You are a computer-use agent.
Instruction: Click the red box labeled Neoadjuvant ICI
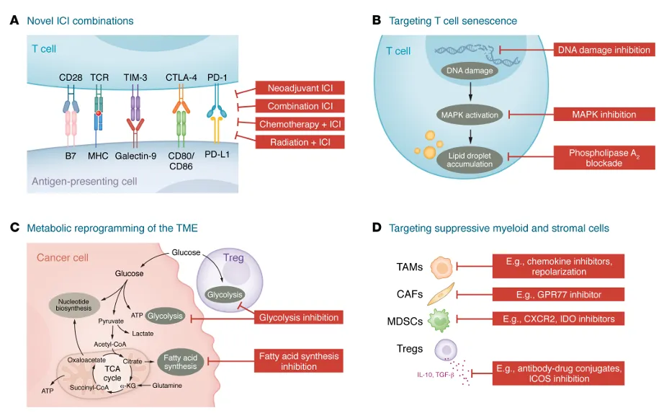[x=300, y=89]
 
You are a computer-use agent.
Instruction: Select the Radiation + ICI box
[x=300, y=142]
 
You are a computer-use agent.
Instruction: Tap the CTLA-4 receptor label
[x=181, y=77]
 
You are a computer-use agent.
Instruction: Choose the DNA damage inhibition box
[x=604, y=50]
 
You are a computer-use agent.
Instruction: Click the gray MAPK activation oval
[x=470, y=114]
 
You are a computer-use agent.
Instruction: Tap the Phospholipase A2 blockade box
[x=604, y=158]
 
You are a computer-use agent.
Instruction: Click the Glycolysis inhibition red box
[x=298, y=317]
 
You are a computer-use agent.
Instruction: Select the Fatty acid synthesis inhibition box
[x=298, y=361]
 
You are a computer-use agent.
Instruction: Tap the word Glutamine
[x=167, y=386]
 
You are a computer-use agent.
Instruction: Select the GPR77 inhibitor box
[x=558, y=295]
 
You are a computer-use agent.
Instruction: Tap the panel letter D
[x=376, y=228]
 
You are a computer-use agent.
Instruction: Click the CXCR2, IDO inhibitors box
[x=558, y=319]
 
